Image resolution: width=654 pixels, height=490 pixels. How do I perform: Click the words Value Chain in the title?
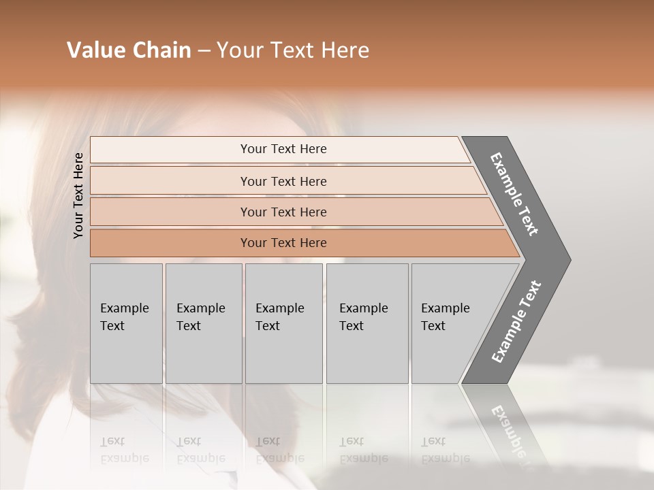pos(129,50)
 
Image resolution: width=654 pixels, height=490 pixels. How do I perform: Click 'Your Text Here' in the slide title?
pos(293,50)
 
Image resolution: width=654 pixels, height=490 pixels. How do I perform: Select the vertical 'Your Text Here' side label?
pos(78,195)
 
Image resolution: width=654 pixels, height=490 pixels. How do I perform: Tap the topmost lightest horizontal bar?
pos(283,149)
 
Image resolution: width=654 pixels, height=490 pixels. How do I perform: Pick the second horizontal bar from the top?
pos(283,181)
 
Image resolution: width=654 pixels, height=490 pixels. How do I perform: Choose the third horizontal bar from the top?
pos(283,212)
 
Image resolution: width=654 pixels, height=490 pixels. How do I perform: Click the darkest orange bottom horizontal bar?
pos(283,243)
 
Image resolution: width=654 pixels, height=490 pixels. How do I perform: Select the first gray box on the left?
pos(126,323)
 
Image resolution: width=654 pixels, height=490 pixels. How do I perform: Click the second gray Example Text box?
pos(203,323)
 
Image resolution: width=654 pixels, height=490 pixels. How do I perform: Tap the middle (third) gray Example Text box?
pos(283,323)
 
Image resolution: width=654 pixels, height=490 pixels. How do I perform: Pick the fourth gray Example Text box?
pos(367,323)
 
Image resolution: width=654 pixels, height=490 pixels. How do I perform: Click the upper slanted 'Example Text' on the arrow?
pos(514,194)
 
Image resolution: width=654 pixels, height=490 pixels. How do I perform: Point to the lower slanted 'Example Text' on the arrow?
pos(516,322)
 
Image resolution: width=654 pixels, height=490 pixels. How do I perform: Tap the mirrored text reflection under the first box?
pos(124,450)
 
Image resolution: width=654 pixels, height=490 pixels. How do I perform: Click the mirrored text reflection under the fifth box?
pos(445,450)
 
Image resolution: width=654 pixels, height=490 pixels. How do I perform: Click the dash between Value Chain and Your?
pos(204,51)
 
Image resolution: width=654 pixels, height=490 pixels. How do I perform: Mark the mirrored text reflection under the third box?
pos(279,450)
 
